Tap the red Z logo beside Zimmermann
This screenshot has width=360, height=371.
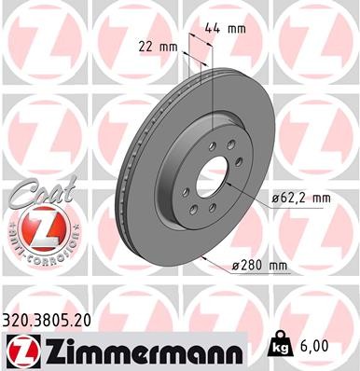pyautogui.click(x=21, y=350)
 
